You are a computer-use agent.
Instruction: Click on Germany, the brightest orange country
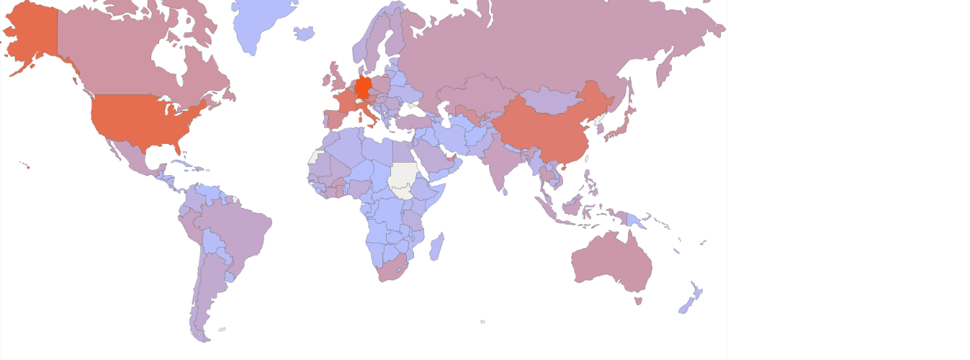[x=364, y=86]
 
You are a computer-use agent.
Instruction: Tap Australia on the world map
[x=612, y=259]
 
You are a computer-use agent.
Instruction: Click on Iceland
[x=305, y=33]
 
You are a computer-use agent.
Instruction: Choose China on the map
[x=547, y=130]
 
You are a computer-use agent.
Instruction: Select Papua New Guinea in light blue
[x=634, y=220]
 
